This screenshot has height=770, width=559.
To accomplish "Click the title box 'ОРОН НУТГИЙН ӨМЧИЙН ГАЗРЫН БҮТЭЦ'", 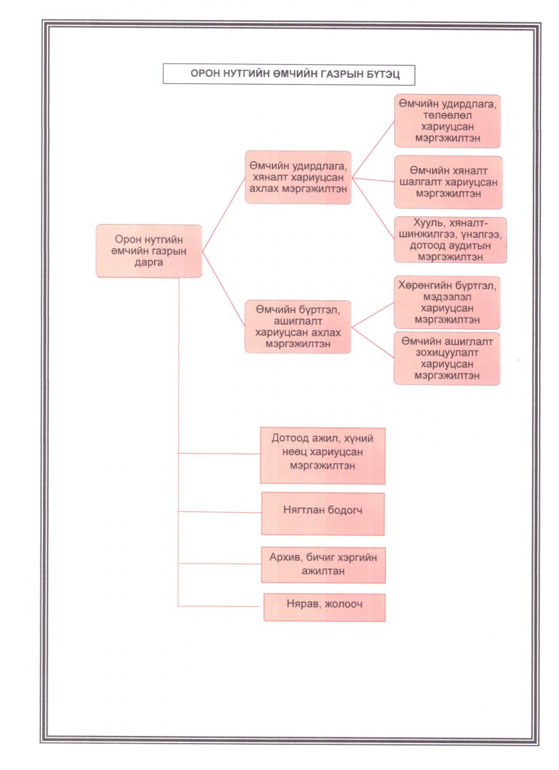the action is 288,74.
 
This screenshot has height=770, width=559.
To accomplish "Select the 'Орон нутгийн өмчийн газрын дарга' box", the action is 149,251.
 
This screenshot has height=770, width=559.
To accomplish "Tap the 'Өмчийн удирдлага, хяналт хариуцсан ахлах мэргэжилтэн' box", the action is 298,177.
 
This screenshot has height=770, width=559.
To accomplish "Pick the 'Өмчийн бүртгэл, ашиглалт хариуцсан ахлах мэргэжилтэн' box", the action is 297,327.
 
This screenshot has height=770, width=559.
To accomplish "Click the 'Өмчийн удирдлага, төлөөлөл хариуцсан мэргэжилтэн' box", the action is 447,121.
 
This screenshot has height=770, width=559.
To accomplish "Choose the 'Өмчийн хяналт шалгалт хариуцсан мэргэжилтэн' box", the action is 449,182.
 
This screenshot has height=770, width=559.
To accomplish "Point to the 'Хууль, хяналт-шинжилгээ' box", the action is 450,240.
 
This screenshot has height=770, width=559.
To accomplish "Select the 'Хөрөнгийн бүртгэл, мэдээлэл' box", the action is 447,302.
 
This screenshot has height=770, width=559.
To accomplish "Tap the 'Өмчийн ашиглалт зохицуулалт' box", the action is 447,359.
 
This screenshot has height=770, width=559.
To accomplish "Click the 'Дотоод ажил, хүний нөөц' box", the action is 322,456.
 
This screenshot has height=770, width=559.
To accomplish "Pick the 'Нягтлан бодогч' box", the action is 322,514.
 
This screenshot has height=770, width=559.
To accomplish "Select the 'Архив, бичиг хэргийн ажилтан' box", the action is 323,565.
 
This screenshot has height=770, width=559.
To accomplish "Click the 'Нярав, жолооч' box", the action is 324,608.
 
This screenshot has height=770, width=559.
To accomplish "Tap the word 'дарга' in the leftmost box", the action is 149,262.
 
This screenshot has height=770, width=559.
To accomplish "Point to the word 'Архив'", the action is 283,558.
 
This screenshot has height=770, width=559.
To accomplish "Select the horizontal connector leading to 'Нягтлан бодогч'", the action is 219,512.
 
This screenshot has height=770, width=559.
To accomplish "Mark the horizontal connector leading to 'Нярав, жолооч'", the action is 219,606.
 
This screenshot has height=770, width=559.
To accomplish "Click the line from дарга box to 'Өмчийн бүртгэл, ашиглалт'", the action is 224,289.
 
